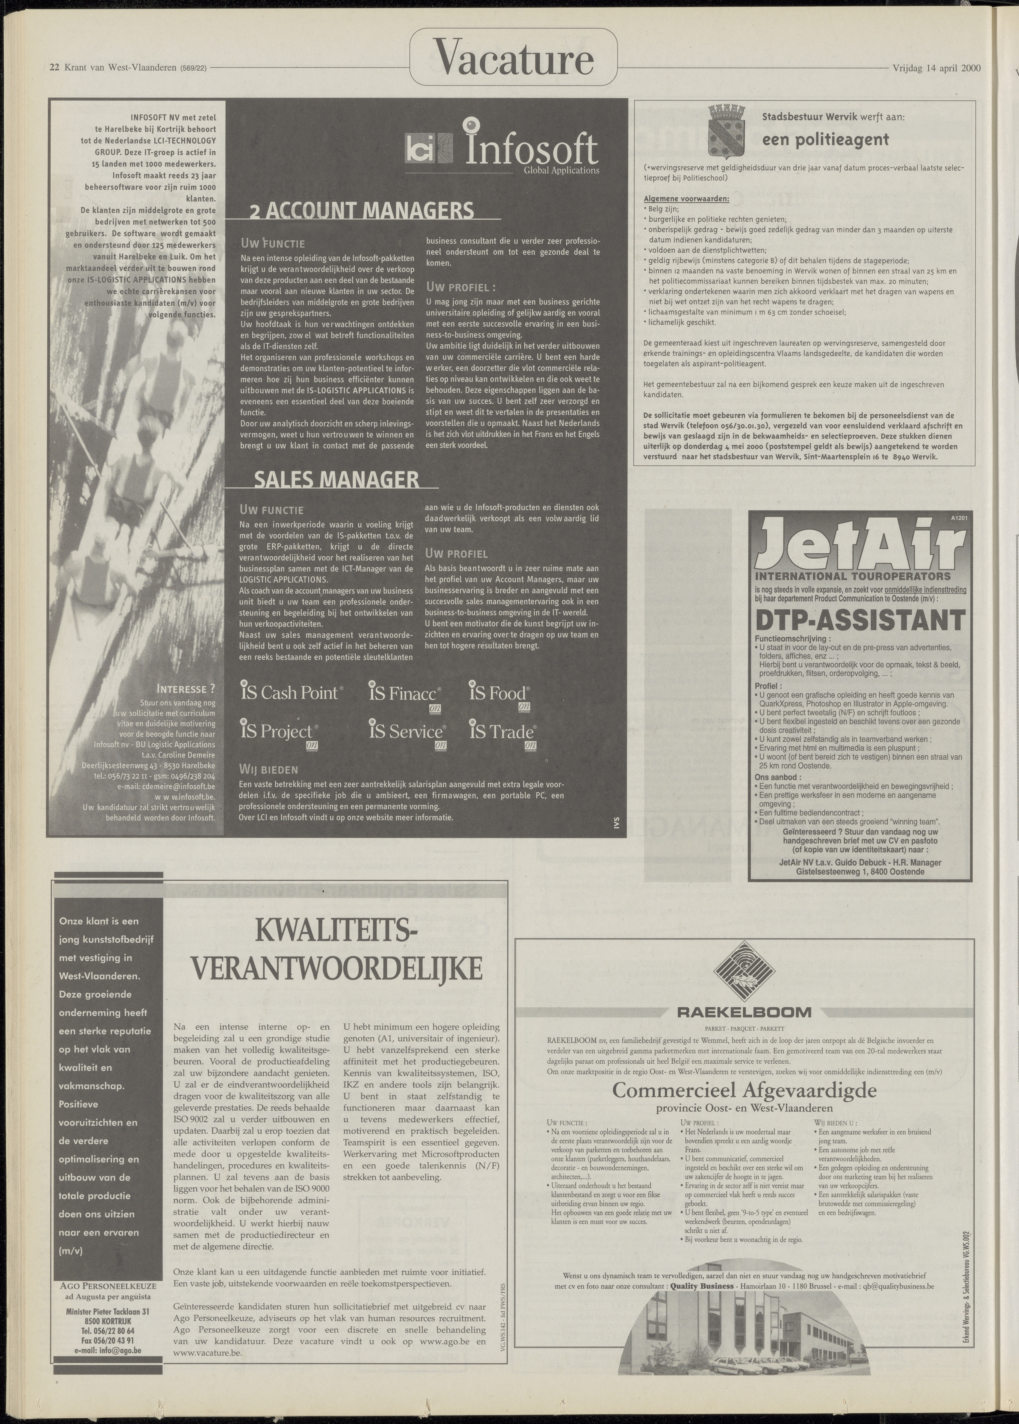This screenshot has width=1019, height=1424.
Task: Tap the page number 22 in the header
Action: coord(55,68)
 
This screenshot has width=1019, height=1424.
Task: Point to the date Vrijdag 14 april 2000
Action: coord(936,68)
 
